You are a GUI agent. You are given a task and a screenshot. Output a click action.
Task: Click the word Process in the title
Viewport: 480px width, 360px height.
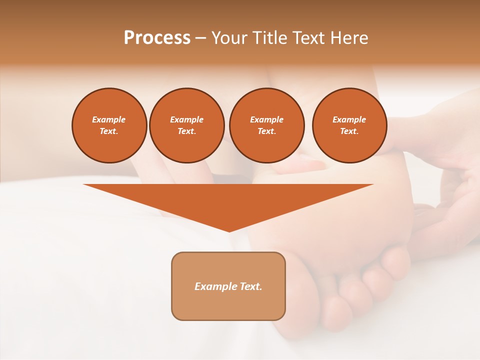[x=157, y=38]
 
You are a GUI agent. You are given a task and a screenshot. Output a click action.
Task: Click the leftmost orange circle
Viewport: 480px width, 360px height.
[x=109, y=125]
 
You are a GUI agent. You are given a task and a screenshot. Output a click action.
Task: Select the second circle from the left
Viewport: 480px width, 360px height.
[x=186, y=125]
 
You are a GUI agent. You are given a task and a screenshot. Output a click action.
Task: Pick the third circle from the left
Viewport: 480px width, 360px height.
[x=266, y=125]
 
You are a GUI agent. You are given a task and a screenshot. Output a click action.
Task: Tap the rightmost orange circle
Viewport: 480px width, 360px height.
[x=349, y=125]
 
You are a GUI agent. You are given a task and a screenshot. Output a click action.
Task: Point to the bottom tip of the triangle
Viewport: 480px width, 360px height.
[x=229, y=231]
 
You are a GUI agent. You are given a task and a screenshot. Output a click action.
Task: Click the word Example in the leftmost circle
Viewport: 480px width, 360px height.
[x=109, y=119]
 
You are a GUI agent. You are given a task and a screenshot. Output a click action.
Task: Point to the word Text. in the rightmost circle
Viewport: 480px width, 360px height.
[x=349, y=131]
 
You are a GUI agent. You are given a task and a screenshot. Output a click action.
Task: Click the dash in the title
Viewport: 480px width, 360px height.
[x=200, y=38]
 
